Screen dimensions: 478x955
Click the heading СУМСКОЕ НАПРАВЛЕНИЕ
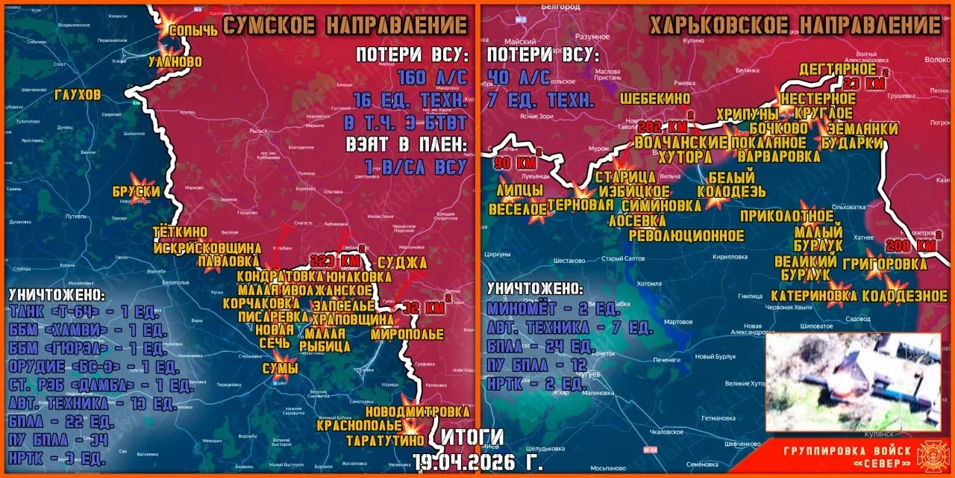345,26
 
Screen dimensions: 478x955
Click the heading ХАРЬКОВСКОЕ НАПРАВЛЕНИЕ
795,26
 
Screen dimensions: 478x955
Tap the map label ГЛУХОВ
78,95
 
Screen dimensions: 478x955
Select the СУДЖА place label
402,262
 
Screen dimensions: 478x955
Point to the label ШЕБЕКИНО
654,98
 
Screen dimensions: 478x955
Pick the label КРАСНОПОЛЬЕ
360,426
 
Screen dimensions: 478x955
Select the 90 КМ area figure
516,162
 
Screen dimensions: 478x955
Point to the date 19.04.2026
477,462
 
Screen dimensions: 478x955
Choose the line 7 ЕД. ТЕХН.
540,100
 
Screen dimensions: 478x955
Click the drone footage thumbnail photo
852,382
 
